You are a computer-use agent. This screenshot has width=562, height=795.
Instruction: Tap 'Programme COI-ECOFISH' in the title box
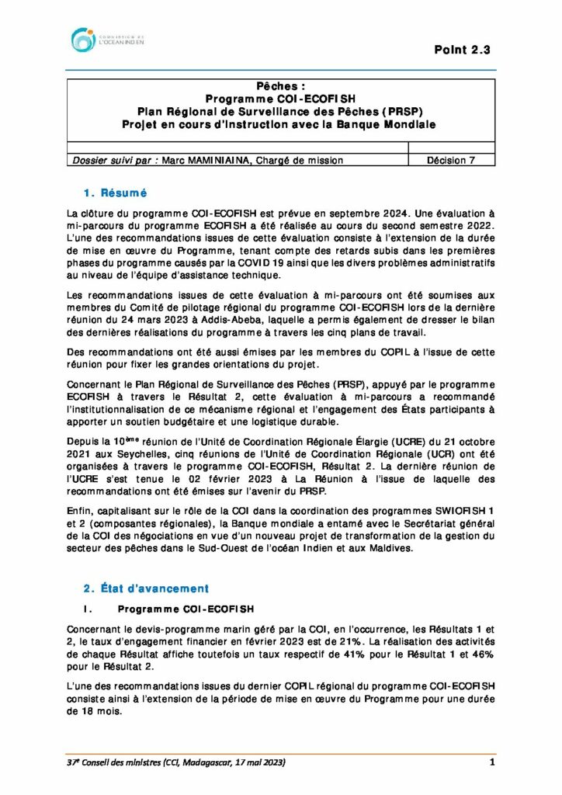tap(280, 99)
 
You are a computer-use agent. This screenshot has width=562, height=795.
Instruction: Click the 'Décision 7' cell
tap(451, 160)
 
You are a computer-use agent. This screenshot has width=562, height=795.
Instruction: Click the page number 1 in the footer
tap(492, 763)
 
